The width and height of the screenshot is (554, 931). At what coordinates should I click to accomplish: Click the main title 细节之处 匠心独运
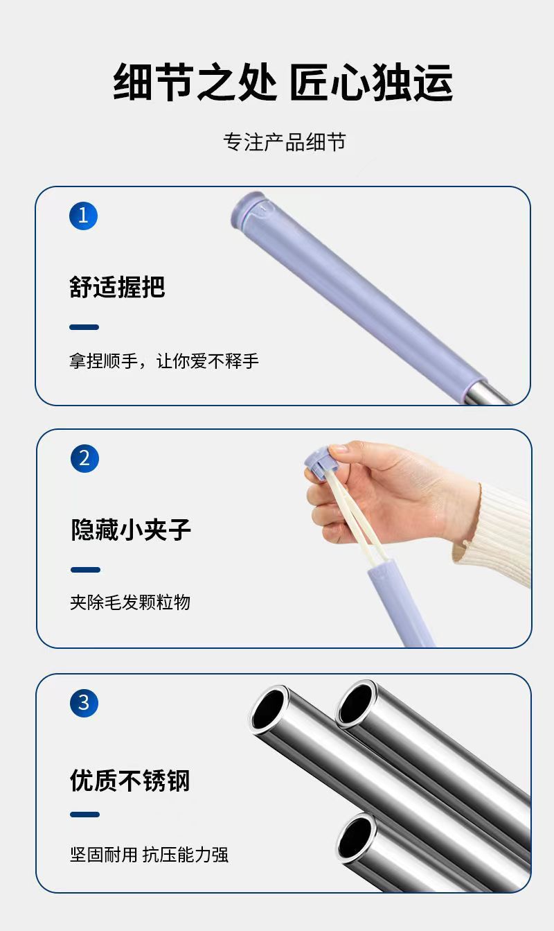(x=283, y=82)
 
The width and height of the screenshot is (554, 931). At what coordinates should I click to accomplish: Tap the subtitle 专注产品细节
(x=285, y=142)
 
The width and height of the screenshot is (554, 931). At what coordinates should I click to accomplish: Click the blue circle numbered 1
(x=83, y=216)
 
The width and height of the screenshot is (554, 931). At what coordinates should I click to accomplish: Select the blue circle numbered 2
(x=84, y=458)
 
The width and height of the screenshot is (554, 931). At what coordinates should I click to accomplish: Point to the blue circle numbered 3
(x=84, y=703)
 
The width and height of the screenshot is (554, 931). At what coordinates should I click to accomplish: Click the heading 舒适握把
(x=117, y=287)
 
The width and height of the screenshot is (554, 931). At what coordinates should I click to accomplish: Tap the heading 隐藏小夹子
(x=131, y=530)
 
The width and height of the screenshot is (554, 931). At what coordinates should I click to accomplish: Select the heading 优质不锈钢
(x=130, y=781)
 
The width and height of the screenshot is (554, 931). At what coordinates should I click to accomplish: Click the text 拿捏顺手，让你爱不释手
(x=164, y=360)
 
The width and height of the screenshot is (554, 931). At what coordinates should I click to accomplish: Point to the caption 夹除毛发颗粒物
(x=130, y=602)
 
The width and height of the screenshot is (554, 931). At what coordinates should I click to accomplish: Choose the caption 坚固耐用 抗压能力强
(x=149, y=855)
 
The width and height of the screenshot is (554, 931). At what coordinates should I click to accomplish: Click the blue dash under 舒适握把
(x=84, y=327)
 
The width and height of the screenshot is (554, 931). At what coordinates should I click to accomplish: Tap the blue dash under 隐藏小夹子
(x=85, y=570)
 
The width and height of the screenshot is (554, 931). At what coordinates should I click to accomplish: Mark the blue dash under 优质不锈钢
(x=84, y=815)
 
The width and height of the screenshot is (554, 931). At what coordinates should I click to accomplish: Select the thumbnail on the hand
(x=339, y=449)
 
